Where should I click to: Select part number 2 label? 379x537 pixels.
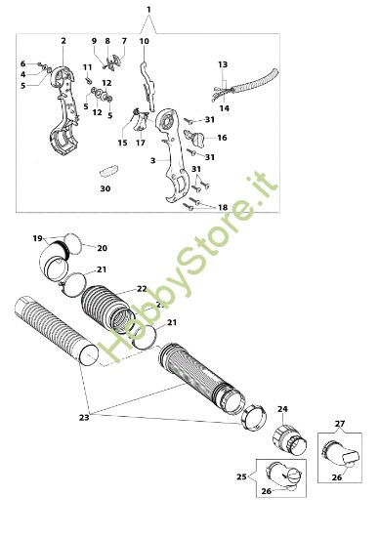pos(63,41)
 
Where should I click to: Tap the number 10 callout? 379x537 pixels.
pos(143,41)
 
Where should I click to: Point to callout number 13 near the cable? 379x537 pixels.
pos(223,63)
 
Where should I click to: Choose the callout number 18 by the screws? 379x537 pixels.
pos(223,208)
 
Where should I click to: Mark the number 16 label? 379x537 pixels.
pos(222,138)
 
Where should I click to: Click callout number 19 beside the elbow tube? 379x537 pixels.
pos(37,237)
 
